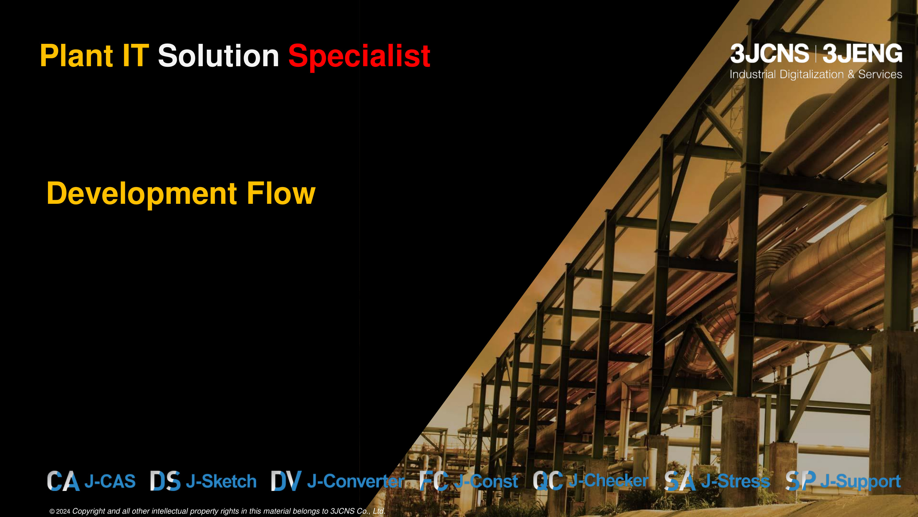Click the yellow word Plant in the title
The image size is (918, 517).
click(76, 56)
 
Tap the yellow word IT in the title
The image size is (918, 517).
click(136, 56)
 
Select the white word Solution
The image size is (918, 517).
click(218, 56)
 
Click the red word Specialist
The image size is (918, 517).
click(359, 57)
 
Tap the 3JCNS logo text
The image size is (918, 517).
click(769, 54)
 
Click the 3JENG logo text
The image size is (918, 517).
click(862, 54)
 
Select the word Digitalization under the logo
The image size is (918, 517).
click(812, 74)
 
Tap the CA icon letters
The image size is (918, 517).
click(63, 481)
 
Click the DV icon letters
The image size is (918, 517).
click(286, 481)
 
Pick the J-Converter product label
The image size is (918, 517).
click(356, 481)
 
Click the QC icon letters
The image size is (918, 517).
click(548, 481)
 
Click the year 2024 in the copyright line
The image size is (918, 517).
click(63, 511)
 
